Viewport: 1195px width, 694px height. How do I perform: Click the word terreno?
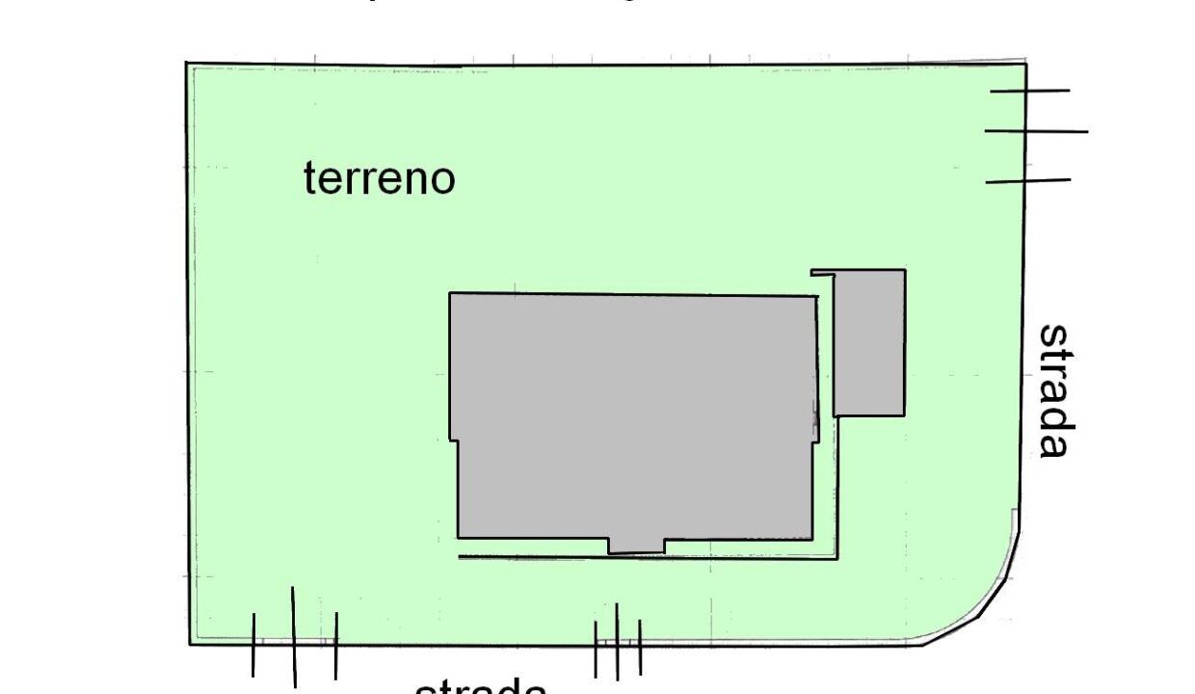point(379,178)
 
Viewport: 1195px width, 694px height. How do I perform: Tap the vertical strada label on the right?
point(1053,390)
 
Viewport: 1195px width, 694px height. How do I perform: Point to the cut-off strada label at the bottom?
point(481,686)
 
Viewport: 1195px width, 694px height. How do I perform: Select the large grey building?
point(634,414)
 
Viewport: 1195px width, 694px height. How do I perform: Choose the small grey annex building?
point(869,343)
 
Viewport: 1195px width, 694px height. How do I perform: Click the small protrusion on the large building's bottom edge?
point(636,546)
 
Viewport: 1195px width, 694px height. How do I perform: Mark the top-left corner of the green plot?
point(187,65)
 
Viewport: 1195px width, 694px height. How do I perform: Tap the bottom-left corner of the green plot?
point(190,643)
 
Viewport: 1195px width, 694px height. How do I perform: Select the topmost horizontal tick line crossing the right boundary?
point(1029,92)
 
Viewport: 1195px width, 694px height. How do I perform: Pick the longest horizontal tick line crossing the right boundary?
point(1036,131)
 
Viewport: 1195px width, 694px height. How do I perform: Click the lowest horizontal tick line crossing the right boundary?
point(1028,180)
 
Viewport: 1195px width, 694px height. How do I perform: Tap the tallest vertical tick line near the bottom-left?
point(294,636)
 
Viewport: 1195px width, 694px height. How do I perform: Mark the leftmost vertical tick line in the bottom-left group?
point(253,644)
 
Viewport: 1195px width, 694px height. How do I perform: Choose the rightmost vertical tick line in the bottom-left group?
point(335,645)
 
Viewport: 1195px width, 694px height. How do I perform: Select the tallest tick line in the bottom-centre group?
point(617,641)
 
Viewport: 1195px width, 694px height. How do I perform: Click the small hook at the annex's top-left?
point(819,273)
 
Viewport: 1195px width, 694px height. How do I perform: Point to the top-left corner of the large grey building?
point(450,293)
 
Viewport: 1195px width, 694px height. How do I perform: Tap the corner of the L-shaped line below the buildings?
point(836,557)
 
